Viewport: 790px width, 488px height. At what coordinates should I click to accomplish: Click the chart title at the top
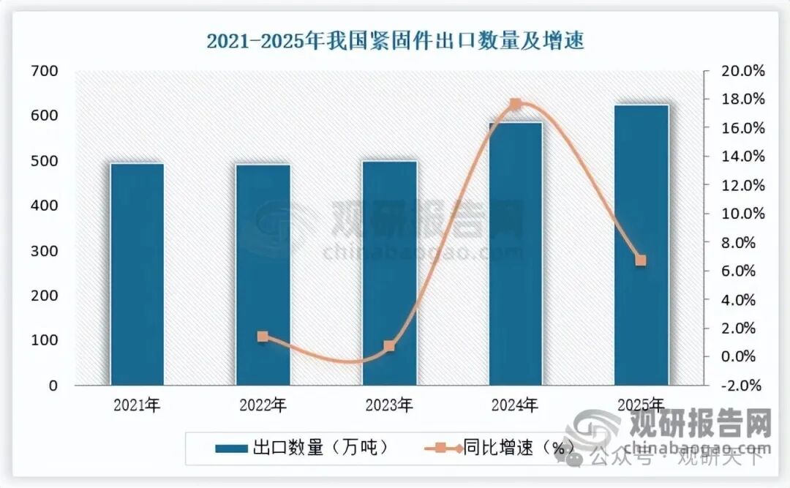[x=395, y=41]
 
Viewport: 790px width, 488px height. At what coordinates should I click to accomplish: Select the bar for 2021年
[x=137, y=274]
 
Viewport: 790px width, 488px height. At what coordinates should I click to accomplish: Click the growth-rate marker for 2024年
[x=515, y=105]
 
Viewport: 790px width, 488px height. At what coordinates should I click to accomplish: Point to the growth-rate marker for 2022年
[x=263, y=337]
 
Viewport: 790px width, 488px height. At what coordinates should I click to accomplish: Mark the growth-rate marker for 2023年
[x=389, y=346]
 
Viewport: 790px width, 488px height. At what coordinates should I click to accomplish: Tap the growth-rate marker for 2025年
[x=641, y=260]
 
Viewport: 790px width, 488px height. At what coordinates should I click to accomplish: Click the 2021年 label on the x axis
[x=138, y=405]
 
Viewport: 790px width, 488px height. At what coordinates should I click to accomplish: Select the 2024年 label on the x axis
[x=515, y=405]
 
